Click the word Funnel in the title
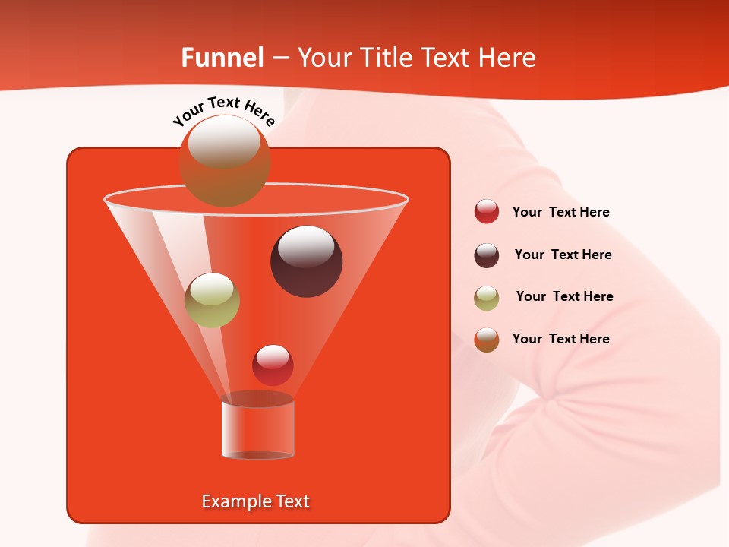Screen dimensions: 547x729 click(x=222, y=58)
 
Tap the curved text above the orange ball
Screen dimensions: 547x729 click(x=223, y=111)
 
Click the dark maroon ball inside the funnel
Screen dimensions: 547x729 click(x=306, y=261)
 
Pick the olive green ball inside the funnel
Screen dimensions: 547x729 click(x=213, y=300)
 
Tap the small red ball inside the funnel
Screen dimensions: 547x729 click(x=273, y=365)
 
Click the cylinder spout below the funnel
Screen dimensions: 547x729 click(x=257, y=429)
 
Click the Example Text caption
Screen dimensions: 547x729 click(x=256, y=501)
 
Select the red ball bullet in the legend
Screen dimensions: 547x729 click(x=487, y=212)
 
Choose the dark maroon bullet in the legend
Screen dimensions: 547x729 click(x=487, y=255)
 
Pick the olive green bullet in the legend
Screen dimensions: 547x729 click(x=487, y=297)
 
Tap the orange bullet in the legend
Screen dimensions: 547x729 click(x=487, y=340)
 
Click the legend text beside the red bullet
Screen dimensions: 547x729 click(x=561, y=212)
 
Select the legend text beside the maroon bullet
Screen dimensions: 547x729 click(x=563, y=255)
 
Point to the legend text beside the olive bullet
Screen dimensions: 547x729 click(x=564, y=296)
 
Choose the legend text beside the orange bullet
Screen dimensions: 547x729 click(x=561, y=339)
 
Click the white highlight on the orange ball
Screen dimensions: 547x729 click(x=224, y=143)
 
